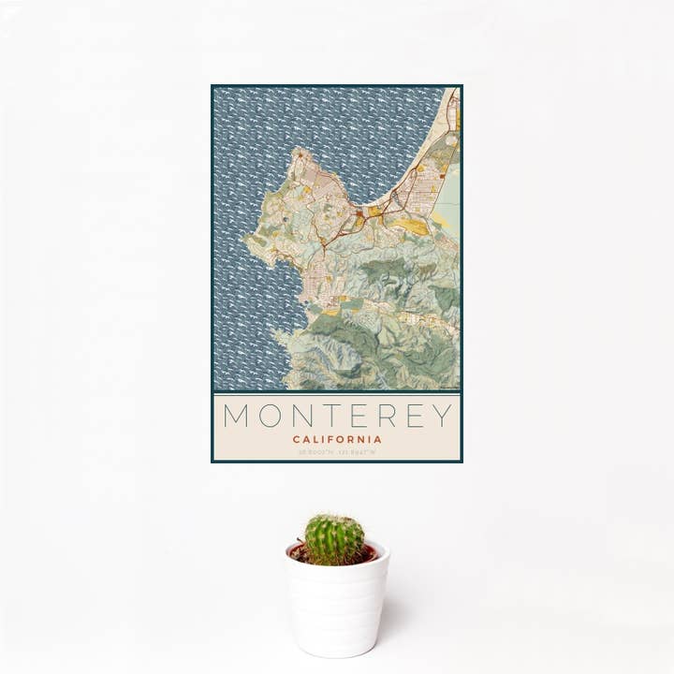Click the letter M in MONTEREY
click(236, 416)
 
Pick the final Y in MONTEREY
click(442, 416)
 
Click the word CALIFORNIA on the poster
click(337, 439)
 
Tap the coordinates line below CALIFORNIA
click(337, 452)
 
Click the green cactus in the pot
click(334, 539)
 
